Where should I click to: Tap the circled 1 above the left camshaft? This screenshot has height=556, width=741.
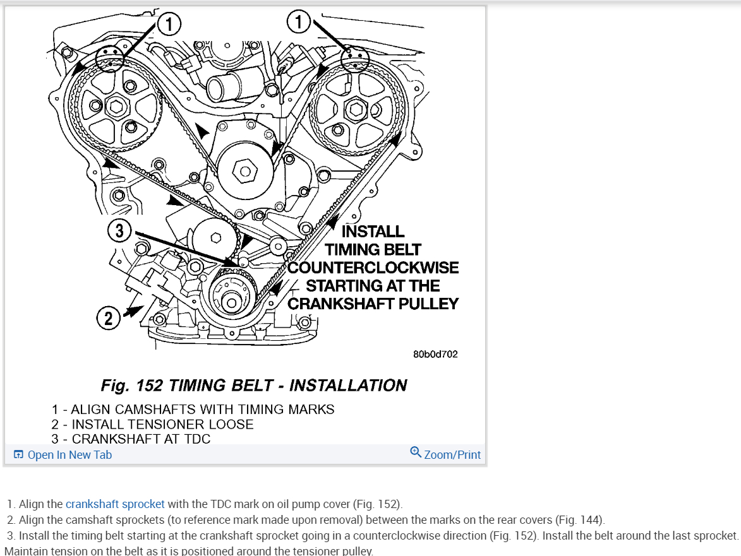coord(168,25)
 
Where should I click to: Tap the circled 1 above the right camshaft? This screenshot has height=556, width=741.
coord(299,23)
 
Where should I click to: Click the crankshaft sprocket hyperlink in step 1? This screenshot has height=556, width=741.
coord(115,504)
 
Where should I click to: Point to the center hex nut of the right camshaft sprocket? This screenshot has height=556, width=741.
coord(354,110)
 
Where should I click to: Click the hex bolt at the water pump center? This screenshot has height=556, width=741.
coord(244,169)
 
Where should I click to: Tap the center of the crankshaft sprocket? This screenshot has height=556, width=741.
coord(231,304)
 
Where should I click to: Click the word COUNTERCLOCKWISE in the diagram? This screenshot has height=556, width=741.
coord(373,267)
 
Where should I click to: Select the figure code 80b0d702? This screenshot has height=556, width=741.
coord(435,354)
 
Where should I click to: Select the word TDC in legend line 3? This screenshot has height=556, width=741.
coord(195,439)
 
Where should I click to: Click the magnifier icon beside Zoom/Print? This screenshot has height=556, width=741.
coord(416,452)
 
